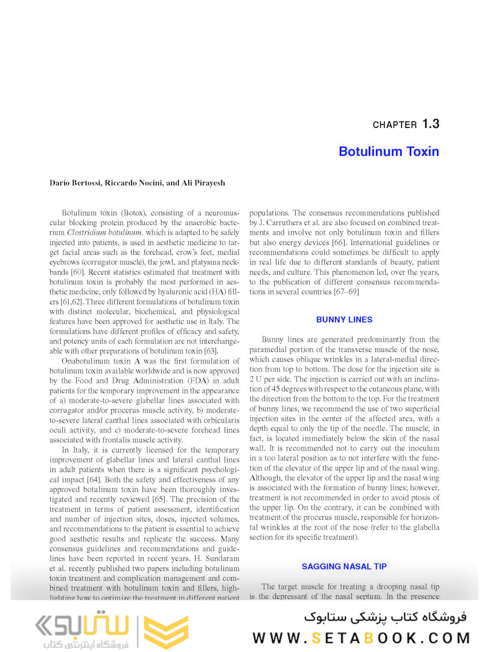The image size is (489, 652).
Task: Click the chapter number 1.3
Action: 430,124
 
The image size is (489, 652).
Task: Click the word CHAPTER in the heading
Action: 395,125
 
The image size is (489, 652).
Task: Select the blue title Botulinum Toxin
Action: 389,151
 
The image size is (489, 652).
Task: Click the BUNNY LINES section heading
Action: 344,319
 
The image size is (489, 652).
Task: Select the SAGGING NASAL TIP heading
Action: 344,566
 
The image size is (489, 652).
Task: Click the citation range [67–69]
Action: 346,292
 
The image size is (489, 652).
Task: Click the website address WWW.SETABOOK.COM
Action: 361,638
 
